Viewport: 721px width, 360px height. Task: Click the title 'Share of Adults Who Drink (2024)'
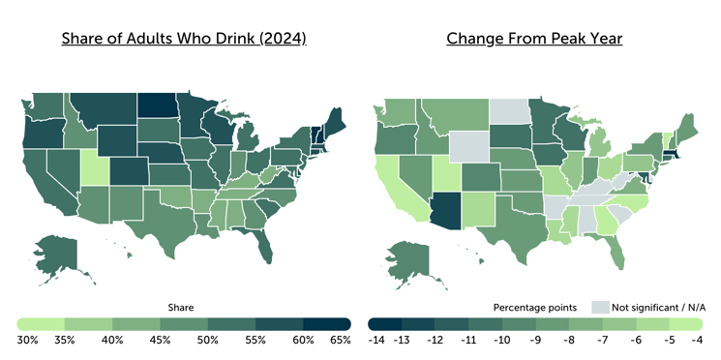pos(184,40)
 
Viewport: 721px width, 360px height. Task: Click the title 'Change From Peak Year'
pos(534,40)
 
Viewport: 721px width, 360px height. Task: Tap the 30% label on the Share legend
pos(27,340)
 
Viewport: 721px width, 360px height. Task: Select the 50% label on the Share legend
pos(206,340)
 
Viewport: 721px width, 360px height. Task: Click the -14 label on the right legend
pos(377,340)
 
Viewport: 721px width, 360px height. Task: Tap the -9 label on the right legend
pos(535,340)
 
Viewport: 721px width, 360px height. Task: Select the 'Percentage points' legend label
pos(536,307)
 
